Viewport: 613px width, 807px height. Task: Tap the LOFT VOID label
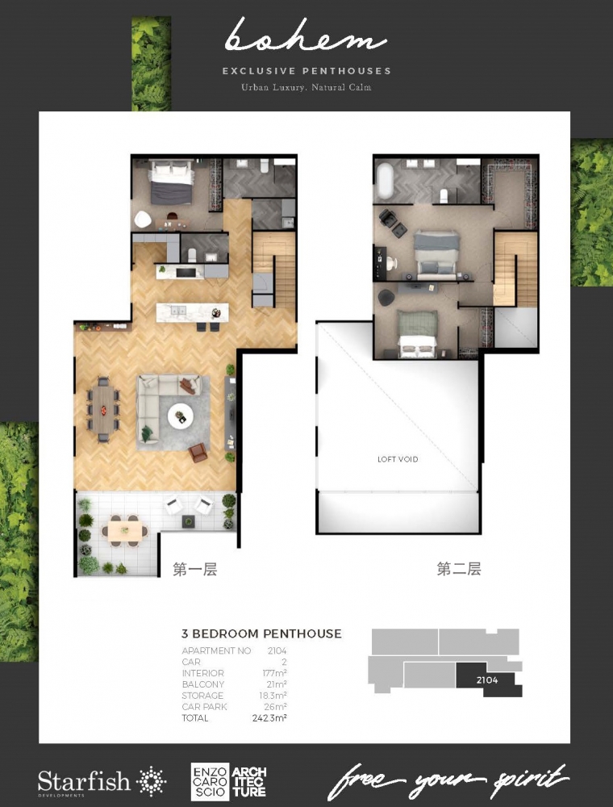pos(398,459)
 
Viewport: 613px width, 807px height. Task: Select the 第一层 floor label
pos(195,569)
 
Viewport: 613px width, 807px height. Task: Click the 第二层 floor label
pos(459,569)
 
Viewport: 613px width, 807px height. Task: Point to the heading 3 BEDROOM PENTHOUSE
pos(262,633)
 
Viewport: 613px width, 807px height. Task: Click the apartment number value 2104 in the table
pos(277,651)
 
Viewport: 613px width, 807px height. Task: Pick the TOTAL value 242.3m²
pos(269,718)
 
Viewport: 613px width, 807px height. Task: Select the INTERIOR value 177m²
pos(274,673)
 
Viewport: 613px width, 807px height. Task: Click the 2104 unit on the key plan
pos(487,679)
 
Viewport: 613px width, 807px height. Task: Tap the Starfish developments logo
pos(102,782)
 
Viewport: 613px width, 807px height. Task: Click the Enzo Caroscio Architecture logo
pos(229,782)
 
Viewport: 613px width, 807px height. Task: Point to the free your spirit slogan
pos(448,782)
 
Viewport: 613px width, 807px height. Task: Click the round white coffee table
pos(181,416)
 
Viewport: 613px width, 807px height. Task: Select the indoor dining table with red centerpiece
pos(103,410)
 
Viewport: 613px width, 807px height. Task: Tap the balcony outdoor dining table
pos(125,531)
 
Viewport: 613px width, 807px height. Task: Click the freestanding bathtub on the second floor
pos(385,180)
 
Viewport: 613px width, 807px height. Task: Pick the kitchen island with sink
pos(192,312)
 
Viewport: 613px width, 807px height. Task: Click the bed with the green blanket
pos(417,333)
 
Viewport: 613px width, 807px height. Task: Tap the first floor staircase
pos(273,270)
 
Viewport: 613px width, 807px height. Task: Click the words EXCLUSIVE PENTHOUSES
pos(306,71)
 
